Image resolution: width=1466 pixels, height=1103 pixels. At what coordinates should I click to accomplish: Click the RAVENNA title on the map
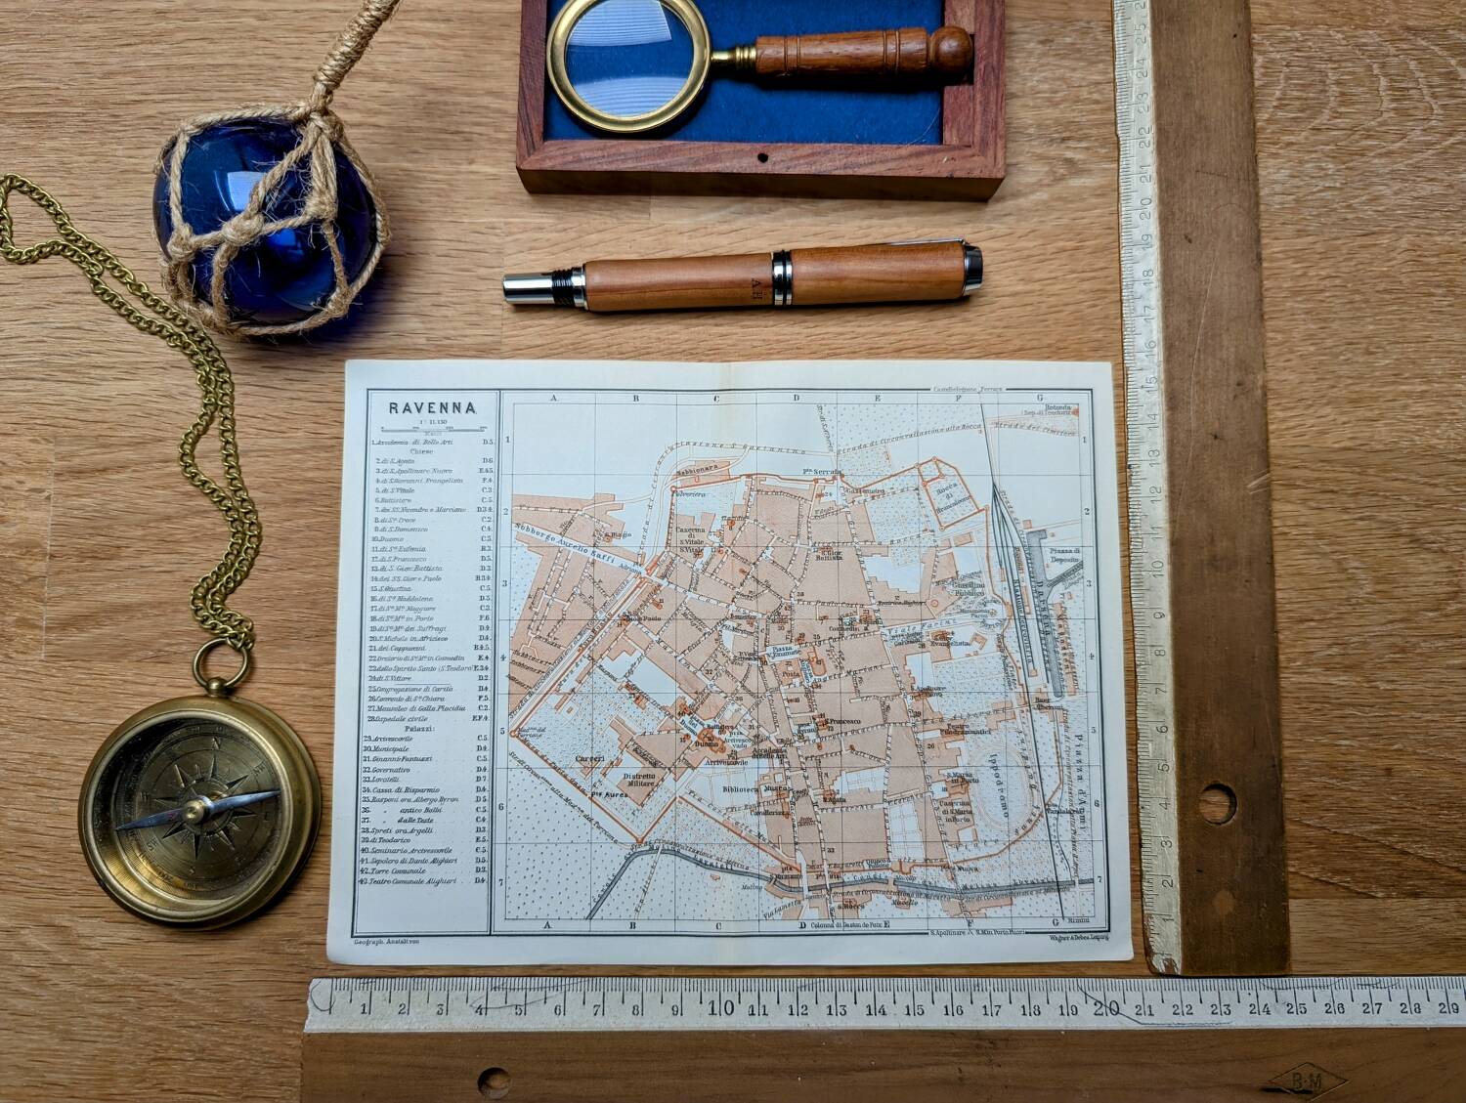coord(432,408)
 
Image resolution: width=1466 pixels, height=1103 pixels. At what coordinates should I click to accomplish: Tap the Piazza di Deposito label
coord(1063,558)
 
